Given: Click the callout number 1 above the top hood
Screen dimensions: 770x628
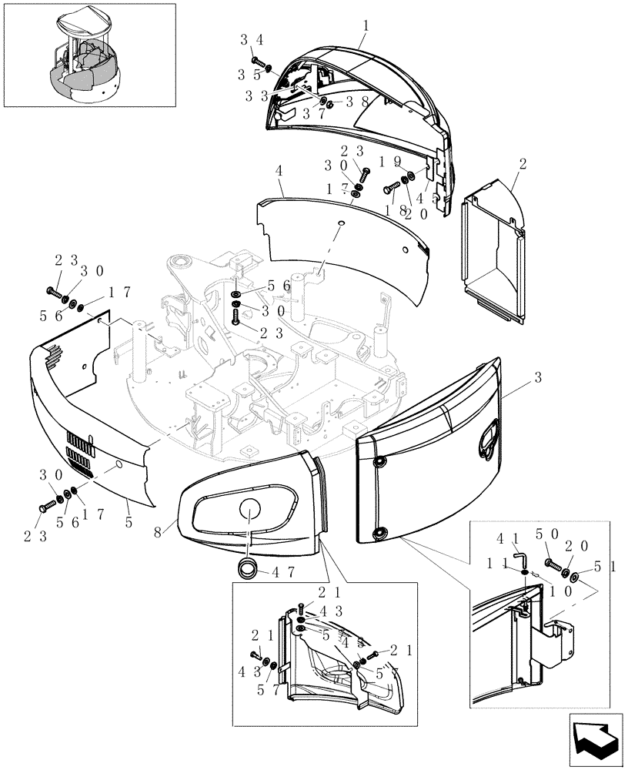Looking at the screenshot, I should pyautogui.click(x=366, y=25).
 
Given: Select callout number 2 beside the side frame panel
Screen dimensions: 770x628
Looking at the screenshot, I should pyautogui.click(x=523, y=164).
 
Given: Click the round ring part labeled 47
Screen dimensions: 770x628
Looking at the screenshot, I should pyautogui.click(x=248, y=568).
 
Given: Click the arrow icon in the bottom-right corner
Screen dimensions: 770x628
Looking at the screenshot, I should pyautogui.click(x=595, y=739).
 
